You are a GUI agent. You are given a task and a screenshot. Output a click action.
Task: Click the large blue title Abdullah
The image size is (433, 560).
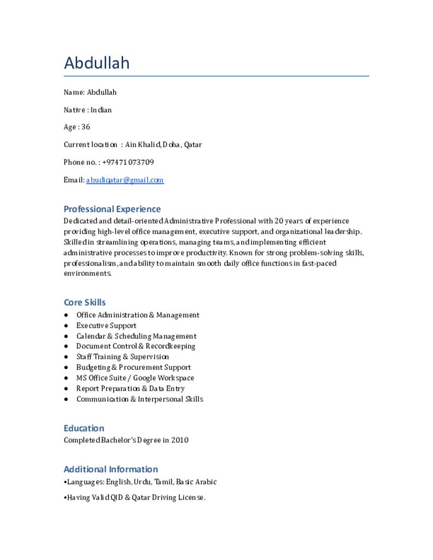pyautogui.click(x=97, y=63)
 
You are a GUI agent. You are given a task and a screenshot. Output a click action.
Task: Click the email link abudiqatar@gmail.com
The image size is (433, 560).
pyautogui.click(x=125, y=180)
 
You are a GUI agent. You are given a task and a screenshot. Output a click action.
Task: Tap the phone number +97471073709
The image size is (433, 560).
pyautogui.click(x=128, y=162)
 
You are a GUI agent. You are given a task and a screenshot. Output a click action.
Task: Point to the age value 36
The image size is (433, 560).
pyautogui.click(x=85, y=127)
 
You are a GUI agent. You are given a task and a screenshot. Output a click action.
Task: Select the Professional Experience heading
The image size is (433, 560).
pyautogui.click(x=112, y=209)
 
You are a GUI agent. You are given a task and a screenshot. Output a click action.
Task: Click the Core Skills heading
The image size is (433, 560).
pyautogui.click(x=85, y=302)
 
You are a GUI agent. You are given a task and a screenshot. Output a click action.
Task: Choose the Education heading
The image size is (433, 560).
pyautogui.click(x=84, y=428)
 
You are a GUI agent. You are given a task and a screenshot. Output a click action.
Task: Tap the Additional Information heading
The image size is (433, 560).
pyautogui.click(x=111, y=469)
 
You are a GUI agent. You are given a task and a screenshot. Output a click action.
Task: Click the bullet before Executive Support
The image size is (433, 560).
pyautogui.click(x=66, y=326)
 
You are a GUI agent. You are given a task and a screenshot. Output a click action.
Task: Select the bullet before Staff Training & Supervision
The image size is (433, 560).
pyautogui.click(x=66, y=357)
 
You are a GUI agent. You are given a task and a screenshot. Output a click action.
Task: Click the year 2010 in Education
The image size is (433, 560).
pyautogui.click(x=180, y=440)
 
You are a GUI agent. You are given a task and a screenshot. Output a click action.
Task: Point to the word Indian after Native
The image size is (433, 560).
pyautogui.click(x=101, y=110)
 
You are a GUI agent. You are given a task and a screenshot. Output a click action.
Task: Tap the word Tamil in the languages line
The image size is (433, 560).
pyautogui.click(x=163, y=482)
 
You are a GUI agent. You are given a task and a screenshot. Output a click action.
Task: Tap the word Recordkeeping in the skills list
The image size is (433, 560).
pyautogui.click(x=170, y=347)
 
